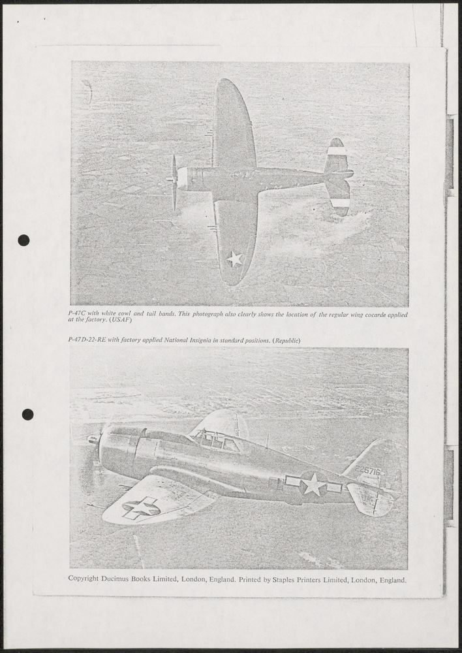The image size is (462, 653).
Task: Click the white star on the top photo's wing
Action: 235,259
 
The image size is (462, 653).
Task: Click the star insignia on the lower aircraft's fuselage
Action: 313,485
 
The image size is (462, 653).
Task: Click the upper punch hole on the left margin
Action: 23,240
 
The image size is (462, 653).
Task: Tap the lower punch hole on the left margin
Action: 27,414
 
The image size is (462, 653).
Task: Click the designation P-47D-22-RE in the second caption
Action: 87,341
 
